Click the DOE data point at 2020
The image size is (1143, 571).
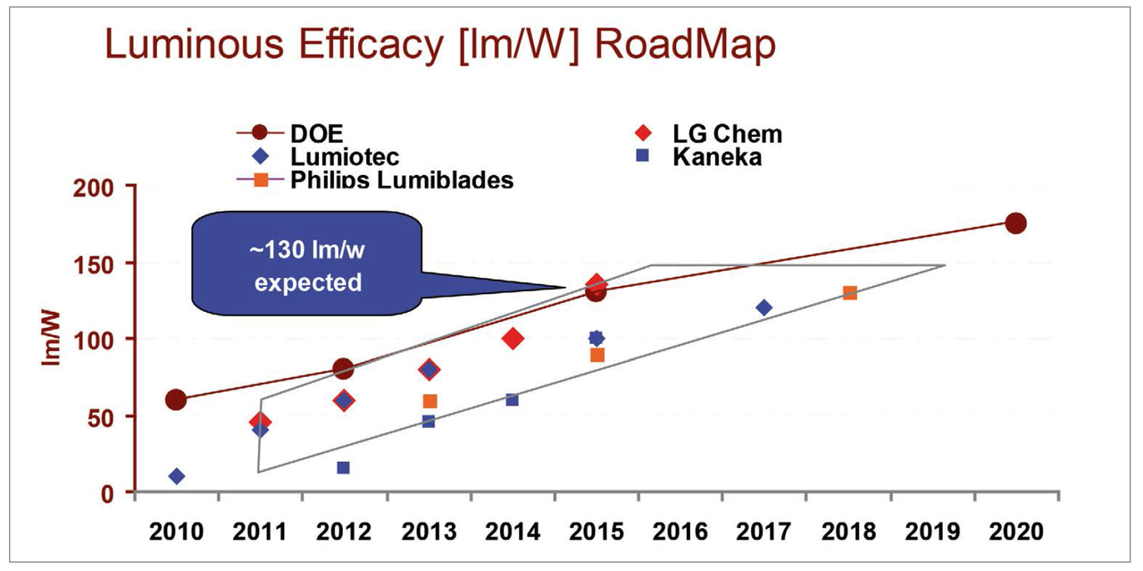point(1014,223)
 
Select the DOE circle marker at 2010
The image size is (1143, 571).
point(176,399)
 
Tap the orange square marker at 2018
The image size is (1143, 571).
point(849,293)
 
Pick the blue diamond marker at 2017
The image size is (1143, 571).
point(763,307)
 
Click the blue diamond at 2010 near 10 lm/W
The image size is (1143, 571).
point(177,476)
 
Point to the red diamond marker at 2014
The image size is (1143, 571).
point(513,339)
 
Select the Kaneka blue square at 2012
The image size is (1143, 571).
point(343,467)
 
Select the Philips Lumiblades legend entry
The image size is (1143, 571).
point(402,180)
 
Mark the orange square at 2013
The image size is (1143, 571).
point(430,401)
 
